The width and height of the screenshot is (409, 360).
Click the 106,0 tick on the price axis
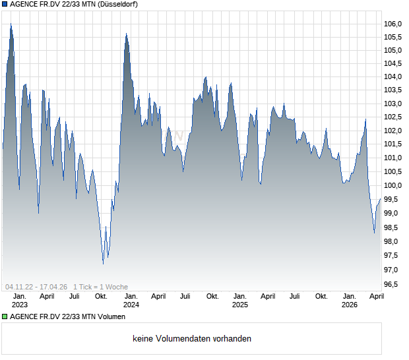(x=393, y=24)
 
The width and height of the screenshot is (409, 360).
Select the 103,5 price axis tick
(x=393, y=90)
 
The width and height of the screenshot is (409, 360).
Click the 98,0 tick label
(x=393, y=241)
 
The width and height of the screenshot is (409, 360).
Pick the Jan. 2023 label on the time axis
(x=20, y=301)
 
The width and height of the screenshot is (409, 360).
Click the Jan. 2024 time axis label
(x=131, y=301)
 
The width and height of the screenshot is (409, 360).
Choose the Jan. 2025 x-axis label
(x=239, y=301)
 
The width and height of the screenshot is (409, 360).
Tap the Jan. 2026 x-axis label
(x=350, y=301)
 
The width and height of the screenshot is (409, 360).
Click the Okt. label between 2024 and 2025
(x=212, y=297)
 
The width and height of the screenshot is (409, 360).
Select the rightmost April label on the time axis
(x=376, y=297)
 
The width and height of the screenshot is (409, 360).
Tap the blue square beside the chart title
(x=5, y=5)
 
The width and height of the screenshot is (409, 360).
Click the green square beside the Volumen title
(x=5, y=317)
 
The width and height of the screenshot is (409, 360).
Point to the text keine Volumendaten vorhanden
(x=192, y=339)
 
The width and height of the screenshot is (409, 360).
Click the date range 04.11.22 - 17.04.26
(x=37, y=287)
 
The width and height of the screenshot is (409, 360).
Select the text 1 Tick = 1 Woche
(x=100, y=287)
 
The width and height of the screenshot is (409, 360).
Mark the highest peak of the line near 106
(x=11, y=24)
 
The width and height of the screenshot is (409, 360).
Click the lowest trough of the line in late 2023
(x=103, y=264)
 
